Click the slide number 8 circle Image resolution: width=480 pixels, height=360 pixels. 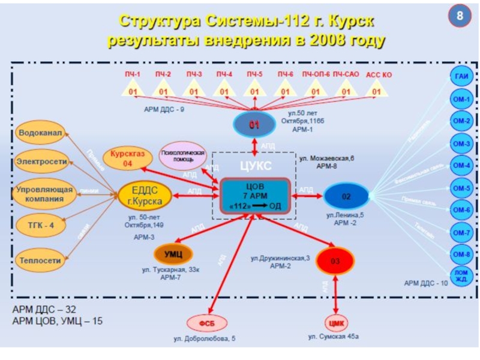(460, 16)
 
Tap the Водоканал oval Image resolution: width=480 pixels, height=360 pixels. (40, 133)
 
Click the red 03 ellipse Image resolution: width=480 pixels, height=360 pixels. (335, 261)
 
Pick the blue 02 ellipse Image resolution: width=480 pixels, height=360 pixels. (346, 196)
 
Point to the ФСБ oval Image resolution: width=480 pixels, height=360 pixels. (208, 323)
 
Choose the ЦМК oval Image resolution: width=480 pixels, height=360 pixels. (337, 323)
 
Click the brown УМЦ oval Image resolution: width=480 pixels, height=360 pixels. (173, 254)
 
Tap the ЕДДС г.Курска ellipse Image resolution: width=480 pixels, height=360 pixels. (145, 195)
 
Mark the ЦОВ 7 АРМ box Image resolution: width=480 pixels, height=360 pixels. (256, 196)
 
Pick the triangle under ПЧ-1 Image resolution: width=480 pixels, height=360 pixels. (133, 91)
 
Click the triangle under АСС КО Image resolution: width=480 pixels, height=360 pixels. (377, 91)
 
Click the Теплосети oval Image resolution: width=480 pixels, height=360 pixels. (40, 262)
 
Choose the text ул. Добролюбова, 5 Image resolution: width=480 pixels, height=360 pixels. (205, 339)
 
